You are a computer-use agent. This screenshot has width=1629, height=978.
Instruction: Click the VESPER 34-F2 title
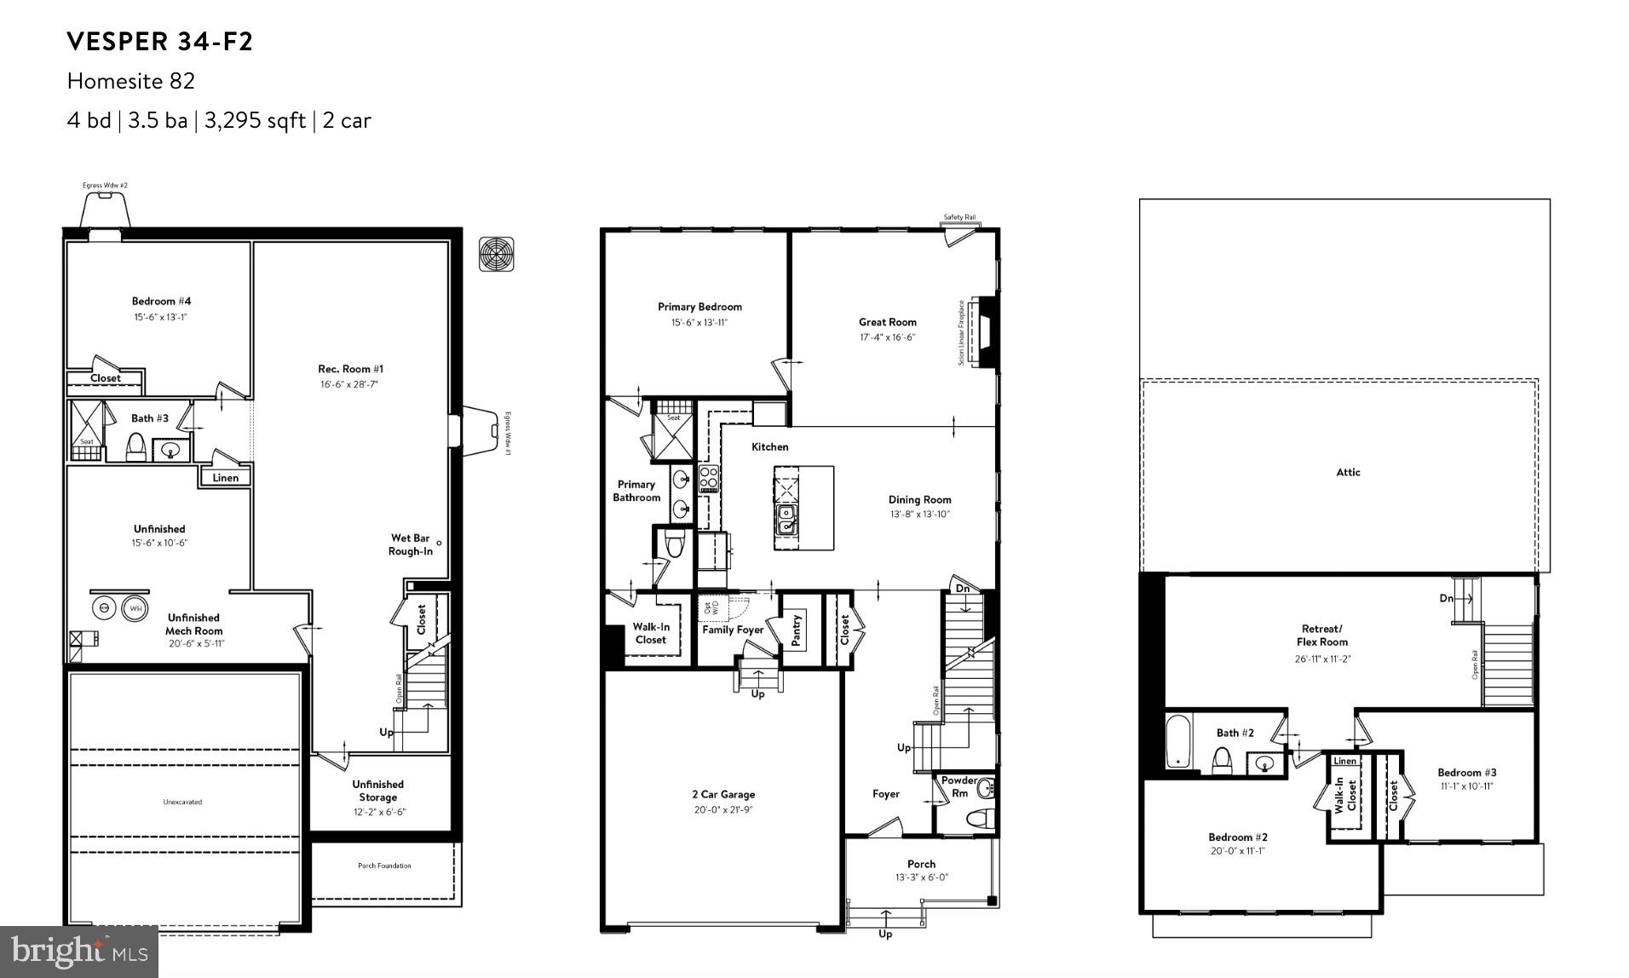[x=160, y=41]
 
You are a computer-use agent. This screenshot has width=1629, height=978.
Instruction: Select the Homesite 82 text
[x=131, y=81]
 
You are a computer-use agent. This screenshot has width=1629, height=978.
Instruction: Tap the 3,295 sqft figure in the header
[x=255, y=120]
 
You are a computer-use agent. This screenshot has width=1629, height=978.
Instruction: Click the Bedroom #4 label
[x=161, y=301]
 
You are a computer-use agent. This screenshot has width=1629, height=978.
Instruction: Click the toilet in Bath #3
[x=135, y=446]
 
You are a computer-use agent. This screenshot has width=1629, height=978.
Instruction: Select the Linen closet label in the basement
[x=225, y=478]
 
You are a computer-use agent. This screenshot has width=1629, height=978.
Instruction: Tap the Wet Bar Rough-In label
[x=411, y=544]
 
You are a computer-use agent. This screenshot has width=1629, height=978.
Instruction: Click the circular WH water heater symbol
[x=134, y=608]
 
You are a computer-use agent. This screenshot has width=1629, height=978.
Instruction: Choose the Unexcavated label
[x=182, y=802]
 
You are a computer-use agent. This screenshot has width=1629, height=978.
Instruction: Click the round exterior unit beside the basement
[x=497, y=253]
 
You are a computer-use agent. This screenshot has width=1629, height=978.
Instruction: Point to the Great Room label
[x=887, y=322]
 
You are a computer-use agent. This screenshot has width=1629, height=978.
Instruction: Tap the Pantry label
[x=797, y=630]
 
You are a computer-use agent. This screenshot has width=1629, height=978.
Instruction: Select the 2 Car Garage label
[x=722, y=794]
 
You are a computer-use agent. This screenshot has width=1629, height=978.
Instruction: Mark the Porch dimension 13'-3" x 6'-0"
[x=921, y=877]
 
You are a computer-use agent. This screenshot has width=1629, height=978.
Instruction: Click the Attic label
[x=1348, y=472]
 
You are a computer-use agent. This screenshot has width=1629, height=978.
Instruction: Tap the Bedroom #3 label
[x=1466, y=773]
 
